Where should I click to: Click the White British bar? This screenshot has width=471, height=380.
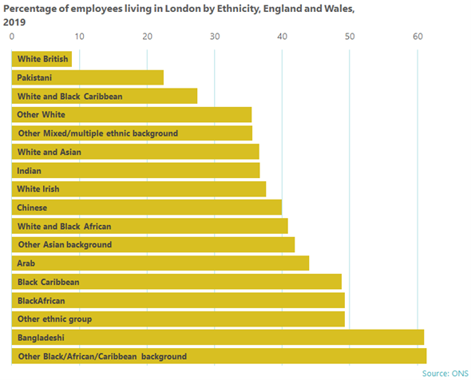(x=42, y=59)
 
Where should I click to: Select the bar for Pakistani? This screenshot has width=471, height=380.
(x=88, y=77)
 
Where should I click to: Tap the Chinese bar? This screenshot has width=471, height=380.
(x=147, y=208)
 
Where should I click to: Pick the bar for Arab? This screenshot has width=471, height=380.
(x=160, y=263)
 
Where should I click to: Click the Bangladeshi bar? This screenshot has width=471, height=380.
(x=218, y=338)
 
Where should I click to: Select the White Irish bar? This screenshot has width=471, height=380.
(x=139, y=189)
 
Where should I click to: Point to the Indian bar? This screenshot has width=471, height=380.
(x=136, y=170)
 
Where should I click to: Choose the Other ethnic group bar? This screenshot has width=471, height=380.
(x=178, y=319)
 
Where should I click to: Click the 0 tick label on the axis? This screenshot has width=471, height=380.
(x=12, y=37)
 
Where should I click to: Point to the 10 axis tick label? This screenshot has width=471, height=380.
(x=79, y=37)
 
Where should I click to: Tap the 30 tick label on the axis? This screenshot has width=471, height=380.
(x=215, y=37)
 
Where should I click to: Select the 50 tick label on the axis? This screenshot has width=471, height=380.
(x=350, y=37)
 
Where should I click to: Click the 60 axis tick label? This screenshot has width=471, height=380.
(x=418, y=37)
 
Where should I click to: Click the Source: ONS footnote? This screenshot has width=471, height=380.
(x=445, y=374)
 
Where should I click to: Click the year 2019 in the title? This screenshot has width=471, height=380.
(x=14, y=22)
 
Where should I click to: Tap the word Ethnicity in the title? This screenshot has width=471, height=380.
(x=238, y=9)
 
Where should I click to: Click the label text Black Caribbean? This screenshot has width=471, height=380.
(x=49, y=282)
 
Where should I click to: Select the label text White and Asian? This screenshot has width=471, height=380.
(x=49, y=152)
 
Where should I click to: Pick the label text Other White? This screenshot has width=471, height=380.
(x=42, y=114)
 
